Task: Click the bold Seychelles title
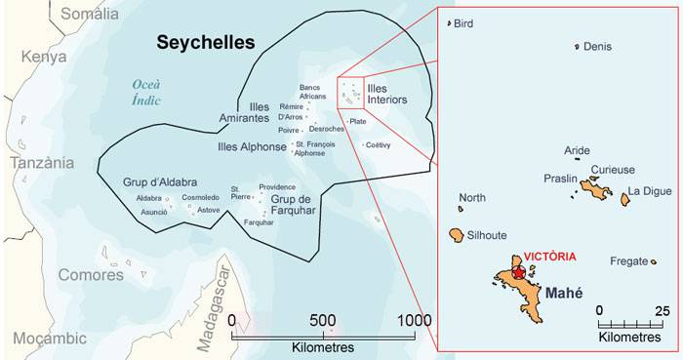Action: pos(206,42)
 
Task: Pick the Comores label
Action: pos(91,275)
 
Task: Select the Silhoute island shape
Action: pos(456,235)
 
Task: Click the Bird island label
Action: pos(463,23)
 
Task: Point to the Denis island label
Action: pos(596,46)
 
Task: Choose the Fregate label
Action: pos(628,261)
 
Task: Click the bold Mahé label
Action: pos(563,290)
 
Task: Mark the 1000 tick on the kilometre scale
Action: pos(415,320)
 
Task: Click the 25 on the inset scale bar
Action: pos(662,311)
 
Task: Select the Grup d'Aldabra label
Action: pos(160,182)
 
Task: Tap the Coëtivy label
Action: pos(378,145)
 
